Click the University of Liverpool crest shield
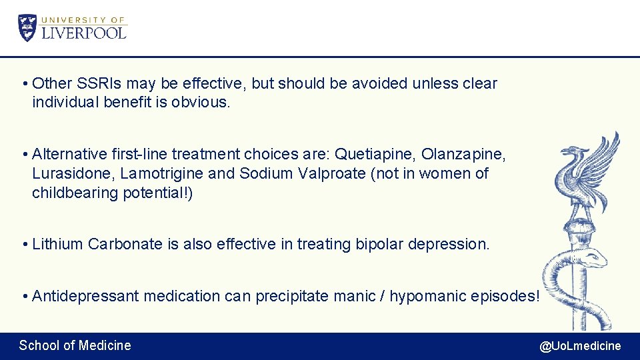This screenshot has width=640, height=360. (27, 27)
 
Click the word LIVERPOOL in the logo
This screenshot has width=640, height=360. (83, 32)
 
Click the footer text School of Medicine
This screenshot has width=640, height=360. (75, 345)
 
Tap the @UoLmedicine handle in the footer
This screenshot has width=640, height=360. (579, 346)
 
